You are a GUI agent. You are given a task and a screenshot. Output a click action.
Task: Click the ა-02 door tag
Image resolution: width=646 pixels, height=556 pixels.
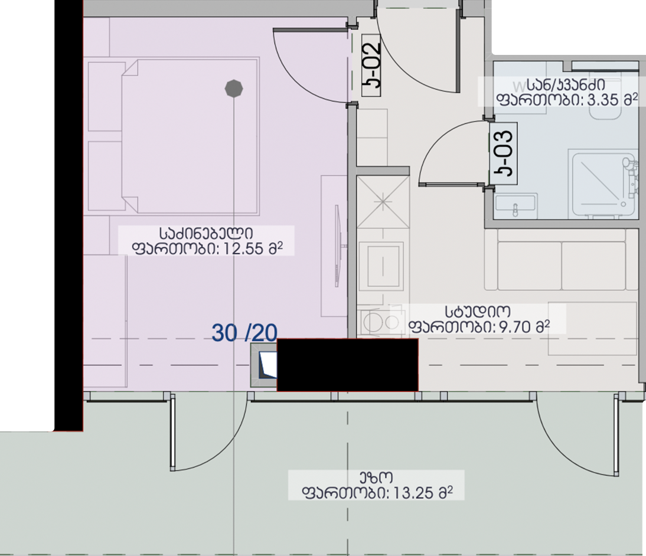[371, 65]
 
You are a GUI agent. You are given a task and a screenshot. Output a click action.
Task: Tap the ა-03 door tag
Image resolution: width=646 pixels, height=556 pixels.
[503, 153]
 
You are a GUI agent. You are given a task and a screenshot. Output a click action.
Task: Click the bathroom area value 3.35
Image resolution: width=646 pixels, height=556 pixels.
[603, 100]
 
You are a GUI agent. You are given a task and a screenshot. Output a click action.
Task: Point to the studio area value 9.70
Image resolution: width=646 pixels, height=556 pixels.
[514, 327]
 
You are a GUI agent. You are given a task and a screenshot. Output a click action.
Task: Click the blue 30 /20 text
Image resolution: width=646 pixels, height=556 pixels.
[244, 333]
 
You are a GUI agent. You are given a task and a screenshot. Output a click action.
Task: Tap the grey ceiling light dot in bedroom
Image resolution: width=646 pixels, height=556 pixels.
[234, 89]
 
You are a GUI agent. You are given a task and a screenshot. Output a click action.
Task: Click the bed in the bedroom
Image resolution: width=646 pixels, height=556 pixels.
[190, 136]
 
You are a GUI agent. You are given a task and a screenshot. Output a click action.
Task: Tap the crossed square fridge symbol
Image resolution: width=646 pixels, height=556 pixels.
[383, 202]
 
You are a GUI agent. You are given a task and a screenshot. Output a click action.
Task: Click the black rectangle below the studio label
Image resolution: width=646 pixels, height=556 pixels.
[347, 365]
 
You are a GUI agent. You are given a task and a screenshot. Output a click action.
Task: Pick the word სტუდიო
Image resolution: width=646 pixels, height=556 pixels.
[477, 312]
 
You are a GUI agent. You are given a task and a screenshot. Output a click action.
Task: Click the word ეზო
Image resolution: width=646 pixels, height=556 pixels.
[376, 477]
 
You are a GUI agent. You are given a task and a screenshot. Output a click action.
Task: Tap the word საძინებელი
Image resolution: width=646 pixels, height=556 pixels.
[206, 234]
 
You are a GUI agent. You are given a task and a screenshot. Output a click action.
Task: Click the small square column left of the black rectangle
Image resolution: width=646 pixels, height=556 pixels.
[264, 365]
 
